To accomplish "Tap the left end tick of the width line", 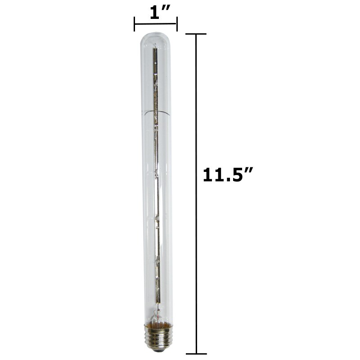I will (134, 24).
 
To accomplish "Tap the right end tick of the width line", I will (177, 24).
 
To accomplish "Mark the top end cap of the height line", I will (196, 34).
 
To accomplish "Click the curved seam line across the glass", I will (156, 110).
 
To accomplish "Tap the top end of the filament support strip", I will (156, 47).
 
